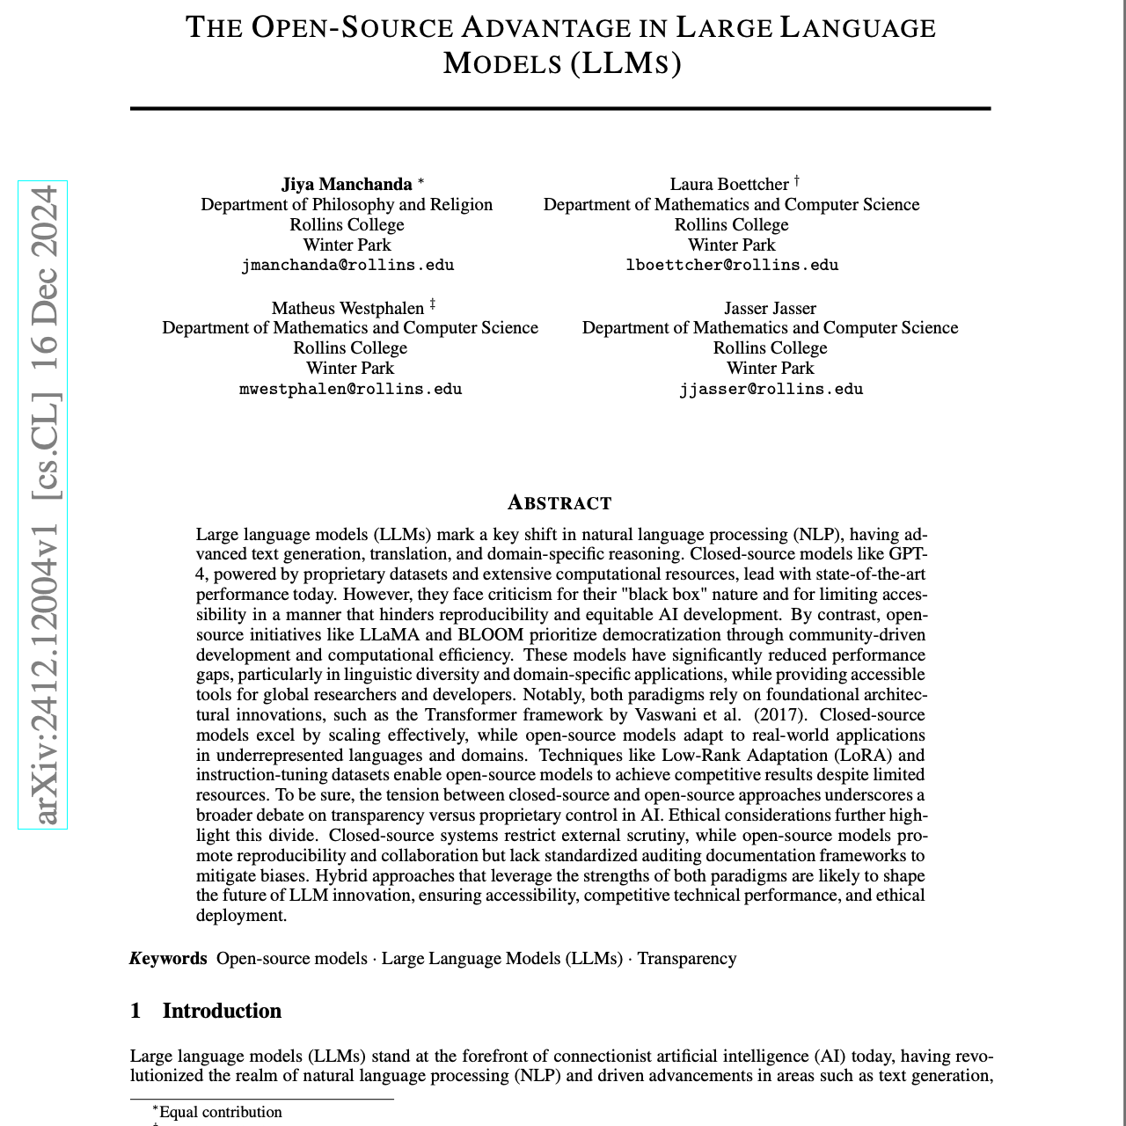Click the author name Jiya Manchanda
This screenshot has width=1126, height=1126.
point(347,184)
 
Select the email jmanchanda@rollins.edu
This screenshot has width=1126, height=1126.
point(347,265)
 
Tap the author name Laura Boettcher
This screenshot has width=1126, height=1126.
point(729,184)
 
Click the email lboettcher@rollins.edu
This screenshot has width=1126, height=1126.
point(732,265)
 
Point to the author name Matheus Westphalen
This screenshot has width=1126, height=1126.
point(347,308)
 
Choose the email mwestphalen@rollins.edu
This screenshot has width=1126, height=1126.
point(350,389)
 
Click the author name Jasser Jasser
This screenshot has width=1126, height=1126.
point(770,308)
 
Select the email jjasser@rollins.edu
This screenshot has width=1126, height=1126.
point(771,389)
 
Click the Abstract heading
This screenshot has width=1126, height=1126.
point(559,503)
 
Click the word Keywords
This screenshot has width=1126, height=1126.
point(168,958)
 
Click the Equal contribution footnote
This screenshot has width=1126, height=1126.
point(220,1112)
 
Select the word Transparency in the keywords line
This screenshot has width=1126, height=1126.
point(686,958)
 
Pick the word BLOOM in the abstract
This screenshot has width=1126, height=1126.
point(490,634)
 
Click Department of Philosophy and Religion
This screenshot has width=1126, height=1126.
point(347,204)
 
